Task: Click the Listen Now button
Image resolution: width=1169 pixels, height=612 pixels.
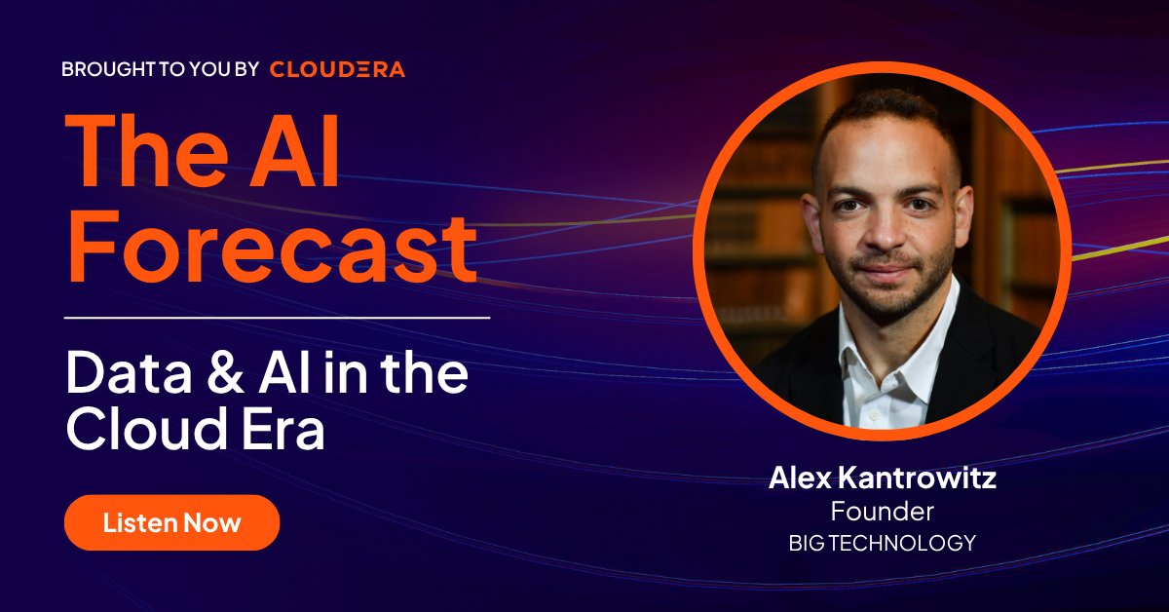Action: pyautogui.click(x=171, y=522)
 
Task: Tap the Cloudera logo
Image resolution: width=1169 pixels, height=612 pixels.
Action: pyautogui.click(x=337, y=69)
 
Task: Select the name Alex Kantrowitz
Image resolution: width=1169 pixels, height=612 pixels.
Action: pyautogui.click(x=882, y=478)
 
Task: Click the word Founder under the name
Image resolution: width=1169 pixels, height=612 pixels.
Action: pyautogui.click(x=882, y=511)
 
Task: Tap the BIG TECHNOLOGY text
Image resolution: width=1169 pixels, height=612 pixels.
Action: pyautogui.click(x=882, y=543)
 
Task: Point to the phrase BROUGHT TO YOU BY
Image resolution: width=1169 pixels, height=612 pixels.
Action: pyautogui.click(x=160, y=69)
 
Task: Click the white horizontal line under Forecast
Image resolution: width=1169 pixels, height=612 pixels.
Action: pyautogui.click(x=277, y=317)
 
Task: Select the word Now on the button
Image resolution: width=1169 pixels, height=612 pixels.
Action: pyautogui.click(x=214, y=522)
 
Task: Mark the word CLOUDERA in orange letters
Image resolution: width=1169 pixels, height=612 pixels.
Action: pyautogui.click(x=337, y=69)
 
